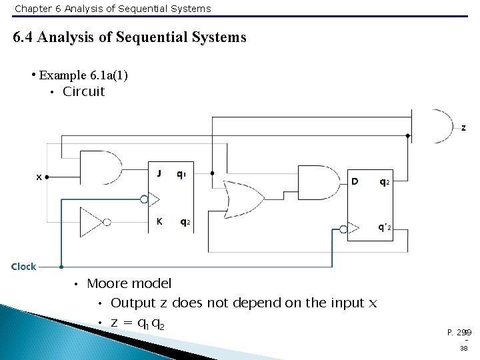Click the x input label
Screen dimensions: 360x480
39,177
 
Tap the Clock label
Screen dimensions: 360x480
24,267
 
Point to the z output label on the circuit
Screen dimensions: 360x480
463,127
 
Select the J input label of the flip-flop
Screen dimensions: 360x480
159,174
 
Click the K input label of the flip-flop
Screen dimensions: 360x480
159,223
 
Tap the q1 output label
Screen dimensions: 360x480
181,174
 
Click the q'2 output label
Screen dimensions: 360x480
385,228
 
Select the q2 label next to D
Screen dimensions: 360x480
385,181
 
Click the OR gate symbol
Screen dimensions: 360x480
241,197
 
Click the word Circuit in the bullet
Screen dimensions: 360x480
83,92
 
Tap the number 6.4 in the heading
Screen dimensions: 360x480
24,37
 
